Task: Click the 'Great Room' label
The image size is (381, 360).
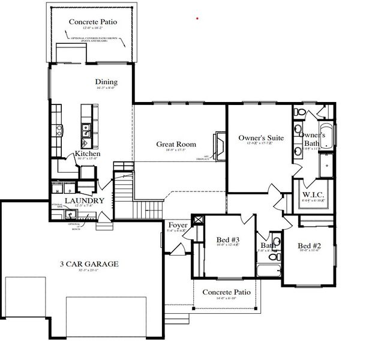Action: (176, 144)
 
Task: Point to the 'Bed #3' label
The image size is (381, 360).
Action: (228, 240)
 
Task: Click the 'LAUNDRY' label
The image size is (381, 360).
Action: (84, 201)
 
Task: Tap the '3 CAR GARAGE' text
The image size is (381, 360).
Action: (88, 263)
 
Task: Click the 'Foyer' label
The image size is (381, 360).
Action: (178, 225)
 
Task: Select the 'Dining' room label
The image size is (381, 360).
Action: (106, 82)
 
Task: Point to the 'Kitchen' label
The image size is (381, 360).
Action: (87, 154)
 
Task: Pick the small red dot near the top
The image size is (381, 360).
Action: (197, 19)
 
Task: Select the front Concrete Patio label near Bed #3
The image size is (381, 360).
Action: (222, 292)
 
